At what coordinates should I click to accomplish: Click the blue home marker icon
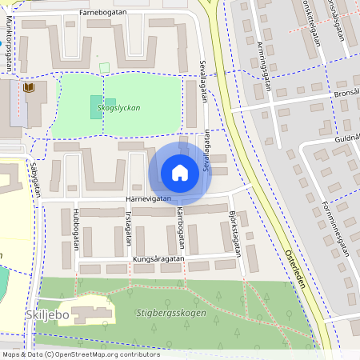pos(180,172)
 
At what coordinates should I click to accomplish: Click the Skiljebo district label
pos(58,315)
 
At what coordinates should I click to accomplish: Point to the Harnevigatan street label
pos(149,199)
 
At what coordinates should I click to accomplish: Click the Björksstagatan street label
pos(234,228)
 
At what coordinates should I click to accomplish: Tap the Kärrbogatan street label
pos(181,228)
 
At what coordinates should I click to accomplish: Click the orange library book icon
pos(30,86)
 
